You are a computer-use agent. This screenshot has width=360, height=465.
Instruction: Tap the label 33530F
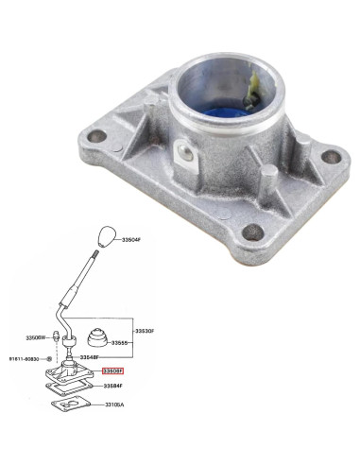[x=144, y=330]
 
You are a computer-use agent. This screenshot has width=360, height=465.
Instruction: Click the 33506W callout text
[x=35, y=336]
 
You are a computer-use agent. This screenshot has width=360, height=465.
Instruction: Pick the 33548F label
[x=89, y=357]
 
